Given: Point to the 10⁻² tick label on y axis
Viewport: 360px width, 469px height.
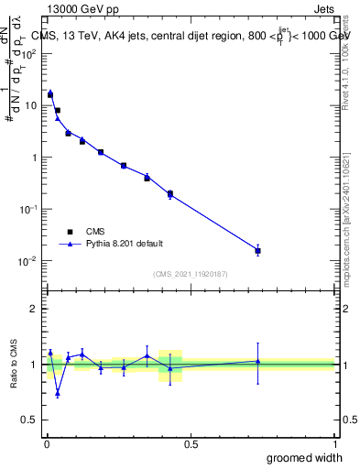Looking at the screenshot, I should coord(27,261).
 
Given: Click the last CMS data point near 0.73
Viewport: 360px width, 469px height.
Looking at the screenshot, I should coord(257,250).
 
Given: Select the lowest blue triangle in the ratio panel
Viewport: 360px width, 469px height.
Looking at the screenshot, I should coord(58,393).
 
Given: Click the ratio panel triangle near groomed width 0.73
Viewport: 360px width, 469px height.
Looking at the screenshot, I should coord(257,361).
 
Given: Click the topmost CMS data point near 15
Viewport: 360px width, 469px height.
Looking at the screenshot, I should coord(50,94).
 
